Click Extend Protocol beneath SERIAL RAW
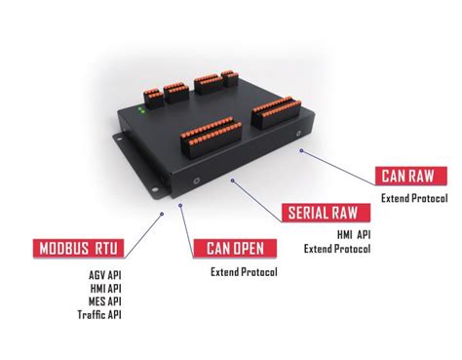(336, 249)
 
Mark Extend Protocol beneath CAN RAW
(414, 199)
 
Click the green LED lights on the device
(143, 111)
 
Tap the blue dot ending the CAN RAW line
(302, 150)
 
